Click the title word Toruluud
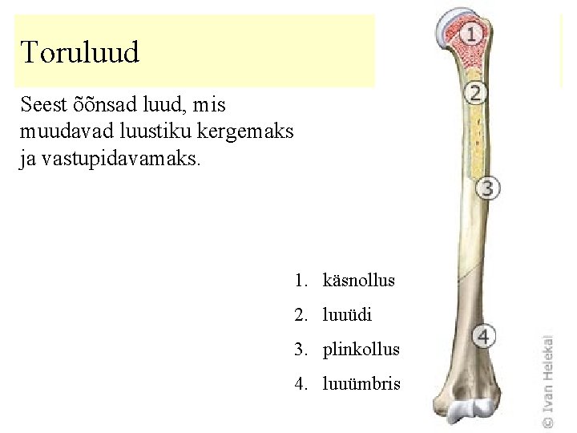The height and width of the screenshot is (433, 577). click(80, 52)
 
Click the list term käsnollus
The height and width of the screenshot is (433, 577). click(359, 281)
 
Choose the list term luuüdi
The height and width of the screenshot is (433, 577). click(347, 315)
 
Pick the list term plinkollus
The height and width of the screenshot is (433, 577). click(361, 350)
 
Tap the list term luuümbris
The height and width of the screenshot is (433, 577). click(361, 384)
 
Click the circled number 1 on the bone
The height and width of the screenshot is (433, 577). click(473, 34)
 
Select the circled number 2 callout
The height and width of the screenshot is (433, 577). click(476, 92)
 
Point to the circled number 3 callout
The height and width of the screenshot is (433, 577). click(488, 188)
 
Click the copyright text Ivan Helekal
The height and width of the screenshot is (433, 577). click(547, 381)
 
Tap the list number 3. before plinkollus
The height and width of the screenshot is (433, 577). click(301, 350)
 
